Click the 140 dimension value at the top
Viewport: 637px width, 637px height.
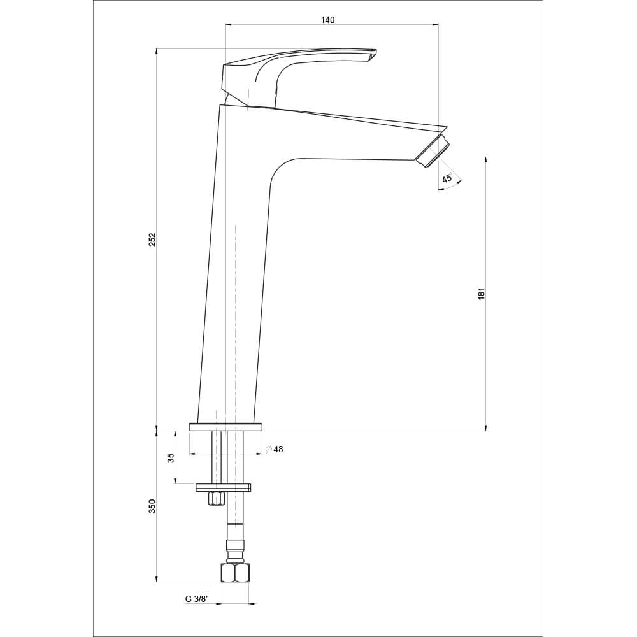pos(327,20)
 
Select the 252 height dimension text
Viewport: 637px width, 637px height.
pos(152,240)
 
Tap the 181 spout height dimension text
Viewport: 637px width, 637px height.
pos(482,293)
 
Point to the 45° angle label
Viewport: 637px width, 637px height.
pos(447,179)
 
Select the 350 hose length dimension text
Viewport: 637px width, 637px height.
pos(152,506)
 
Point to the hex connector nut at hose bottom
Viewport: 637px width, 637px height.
pos(235,572)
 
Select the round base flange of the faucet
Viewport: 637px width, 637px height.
pos(225,427)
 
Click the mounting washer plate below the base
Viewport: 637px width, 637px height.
pos(224,488)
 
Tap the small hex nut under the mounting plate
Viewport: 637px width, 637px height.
pos(217,498)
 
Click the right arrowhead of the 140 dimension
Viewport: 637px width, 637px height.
pos(436,25)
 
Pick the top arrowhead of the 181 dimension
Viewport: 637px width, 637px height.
pos(485,160)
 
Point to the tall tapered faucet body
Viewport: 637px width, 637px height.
pos(233,287)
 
